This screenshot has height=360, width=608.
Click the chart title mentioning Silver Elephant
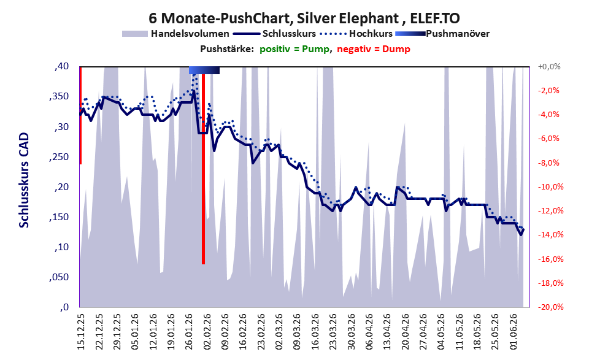point(304,18)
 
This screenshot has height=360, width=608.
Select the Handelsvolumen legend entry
point(175,34)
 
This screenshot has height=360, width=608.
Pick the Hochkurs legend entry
point(356,34)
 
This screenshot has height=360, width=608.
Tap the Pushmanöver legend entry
point(442,34)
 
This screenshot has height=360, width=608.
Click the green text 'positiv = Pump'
point(294,49)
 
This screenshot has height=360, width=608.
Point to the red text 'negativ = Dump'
point(374,49)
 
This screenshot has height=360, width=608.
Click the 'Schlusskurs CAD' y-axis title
point(24,180)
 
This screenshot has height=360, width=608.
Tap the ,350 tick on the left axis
point(59,96)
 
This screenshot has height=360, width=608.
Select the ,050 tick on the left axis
point(59,277)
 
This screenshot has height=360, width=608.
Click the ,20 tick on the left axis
point(61,187)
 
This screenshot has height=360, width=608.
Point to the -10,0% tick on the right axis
point(548,187)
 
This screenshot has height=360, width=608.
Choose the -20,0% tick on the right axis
point(548,307)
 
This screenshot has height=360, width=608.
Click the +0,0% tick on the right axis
point(548,67)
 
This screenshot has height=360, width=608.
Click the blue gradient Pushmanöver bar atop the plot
point(204,70)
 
